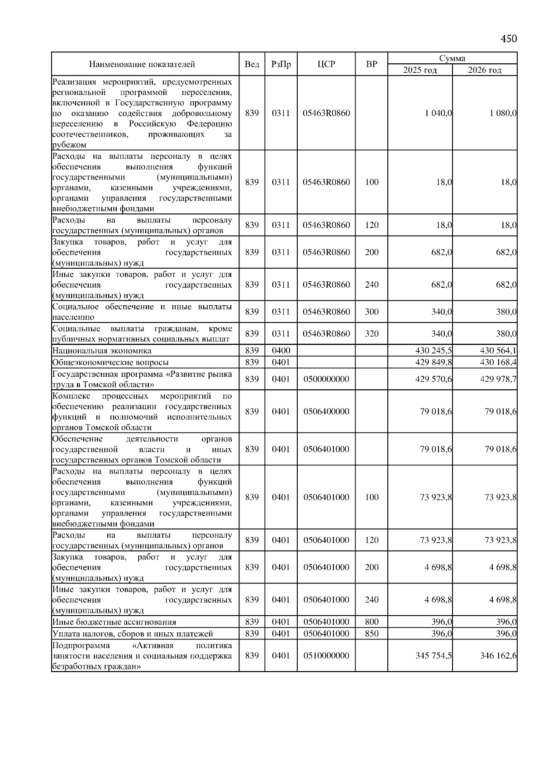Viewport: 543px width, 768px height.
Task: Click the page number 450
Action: click(508, 38)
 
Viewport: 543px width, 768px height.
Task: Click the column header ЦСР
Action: click(326, 64)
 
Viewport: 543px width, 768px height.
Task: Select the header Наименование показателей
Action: click(142, 64)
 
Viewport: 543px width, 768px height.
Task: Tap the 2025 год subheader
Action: click(420, 70)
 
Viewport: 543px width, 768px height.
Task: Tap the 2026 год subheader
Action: click(485, 70)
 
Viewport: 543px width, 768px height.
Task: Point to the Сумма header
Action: click(452, 58)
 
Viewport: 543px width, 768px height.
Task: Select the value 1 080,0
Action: click(503, 113)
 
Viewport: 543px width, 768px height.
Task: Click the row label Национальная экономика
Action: click(102, 351)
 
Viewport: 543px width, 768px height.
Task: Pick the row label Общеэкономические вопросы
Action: click(110, 362)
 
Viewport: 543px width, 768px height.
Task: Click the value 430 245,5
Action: click(433, 351)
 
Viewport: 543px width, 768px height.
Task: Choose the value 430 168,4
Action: click(498, 362)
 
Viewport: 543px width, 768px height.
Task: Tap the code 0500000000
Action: click(326, 379)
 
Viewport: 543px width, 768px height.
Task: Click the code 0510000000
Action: click(326, 655)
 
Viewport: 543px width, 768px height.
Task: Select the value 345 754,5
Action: click(433, 655)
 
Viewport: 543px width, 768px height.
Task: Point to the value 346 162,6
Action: click(498, 655)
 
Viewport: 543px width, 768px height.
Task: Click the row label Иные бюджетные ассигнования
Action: click(114, 622)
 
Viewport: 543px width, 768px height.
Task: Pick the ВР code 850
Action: click(372, 634)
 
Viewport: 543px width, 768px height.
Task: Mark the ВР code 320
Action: click(372, 334)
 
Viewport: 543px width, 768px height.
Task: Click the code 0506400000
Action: click(326, 412)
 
